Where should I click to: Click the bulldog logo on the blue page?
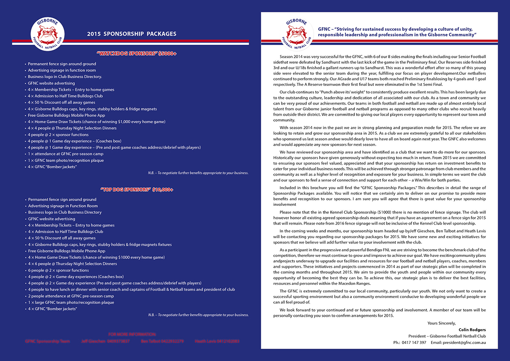point(44,34)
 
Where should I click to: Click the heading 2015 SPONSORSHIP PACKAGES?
point(131,34)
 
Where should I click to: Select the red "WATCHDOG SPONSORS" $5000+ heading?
point(136,54)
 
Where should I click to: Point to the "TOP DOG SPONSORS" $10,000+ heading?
point(137,189)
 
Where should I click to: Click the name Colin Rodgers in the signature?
point(472,330)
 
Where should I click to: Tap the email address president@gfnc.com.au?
point(464,342)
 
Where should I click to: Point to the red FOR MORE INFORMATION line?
point(132,335)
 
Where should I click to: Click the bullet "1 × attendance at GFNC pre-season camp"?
point(64,154)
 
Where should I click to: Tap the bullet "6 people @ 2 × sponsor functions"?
point(58,270)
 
